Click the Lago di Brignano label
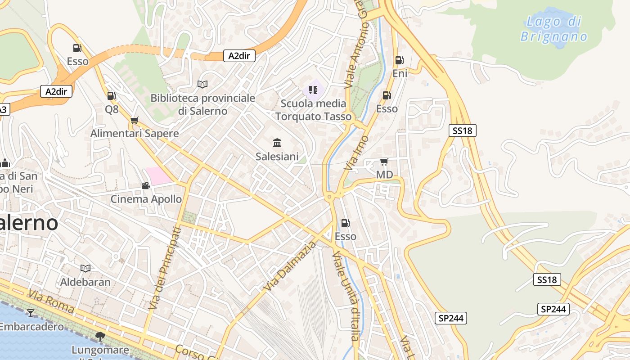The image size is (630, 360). pyautogui.click(x=554, y=29)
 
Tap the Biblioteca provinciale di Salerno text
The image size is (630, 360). pyautogui.click(x=202, y=104)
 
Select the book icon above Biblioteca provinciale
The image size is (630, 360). pyautogui.click(x=202, y=84)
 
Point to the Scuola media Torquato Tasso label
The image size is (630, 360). pyautogui.click(x=313, y=110)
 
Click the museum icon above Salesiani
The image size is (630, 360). pyautogui.click(x=277, y=143)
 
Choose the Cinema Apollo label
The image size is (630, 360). pyautogui.click(x=146, y=199)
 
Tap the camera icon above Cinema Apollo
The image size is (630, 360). pyautogui.click(x=146, y=185)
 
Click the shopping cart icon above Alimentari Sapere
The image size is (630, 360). pyautogui.click(x=134, y=120)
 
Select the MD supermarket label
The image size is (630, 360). pyautogui.click(x=384, y=175)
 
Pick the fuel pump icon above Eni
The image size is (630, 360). pyautogui.click(x=399, y=60)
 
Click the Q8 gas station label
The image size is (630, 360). pyautogui.click(x=112, y=109)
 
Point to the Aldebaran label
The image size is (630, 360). pyautogui.click(x=85, y=282)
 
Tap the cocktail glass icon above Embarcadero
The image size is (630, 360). pyautogui.click(x=31, y=313)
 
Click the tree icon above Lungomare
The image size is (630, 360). pyautogui.click(x=100, y=336)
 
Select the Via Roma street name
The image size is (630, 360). pyautogui.click(x=51, y=301)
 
